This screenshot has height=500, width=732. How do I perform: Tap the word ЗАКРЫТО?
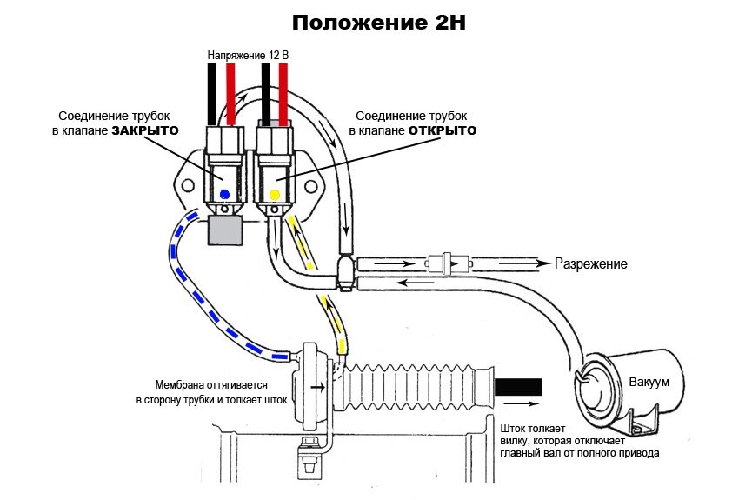[144, 131]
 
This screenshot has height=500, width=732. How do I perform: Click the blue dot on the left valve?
[224, 193]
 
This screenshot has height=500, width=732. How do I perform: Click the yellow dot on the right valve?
[275, 193]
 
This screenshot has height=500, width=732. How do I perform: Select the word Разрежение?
[591, 263]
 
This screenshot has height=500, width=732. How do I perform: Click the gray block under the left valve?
[225, 230]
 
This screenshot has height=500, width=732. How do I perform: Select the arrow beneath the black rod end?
[519, 404]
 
